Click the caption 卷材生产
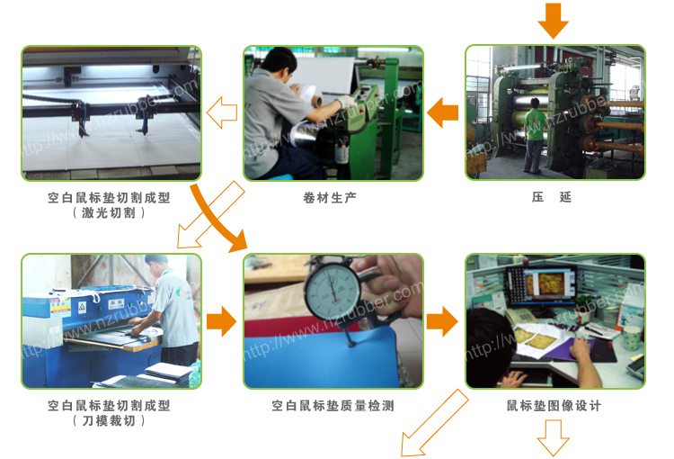pyautogui.click(x=330, y=198)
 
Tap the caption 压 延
pyautogui.click(x=552, y=197)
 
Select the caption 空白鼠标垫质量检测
pyautogui.click(x=333, y=406)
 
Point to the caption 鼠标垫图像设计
pyautogui.click(x=554, y=406)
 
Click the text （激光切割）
pyautogui.click(x=109, y=212)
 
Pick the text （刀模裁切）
pyautogui.click(x=109, y=420)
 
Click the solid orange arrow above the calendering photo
pyautogui.click(x=554, y=21)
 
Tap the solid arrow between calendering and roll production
pyautogui.click(x=442, y=112)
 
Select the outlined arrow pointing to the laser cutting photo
pyautogui.click(x=222, y=112)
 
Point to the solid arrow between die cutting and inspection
pyautogui.click(x=221, y=321)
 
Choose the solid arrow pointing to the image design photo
pyautogui.click(x=442, y=321)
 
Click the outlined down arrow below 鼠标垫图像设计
pyautogui.click(x=554, y=438)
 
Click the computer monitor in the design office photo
pyautogui.click(x=543, y=284)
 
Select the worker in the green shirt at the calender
pyautogui.click(x=535, y=135)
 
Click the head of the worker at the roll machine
pyautogui.click(x=279, y=61)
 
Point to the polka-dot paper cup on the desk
pyautogui.click(x=632, y=337)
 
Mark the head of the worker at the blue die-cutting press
pyautogui.click(x=156, y=264)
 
